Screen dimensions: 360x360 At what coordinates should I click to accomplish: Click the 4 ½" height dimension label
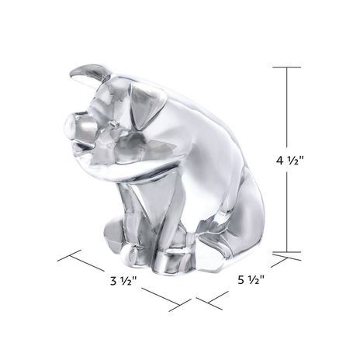[289, 161]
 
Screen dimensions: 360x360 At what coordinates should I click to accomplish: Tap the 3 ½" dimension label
[123, 280]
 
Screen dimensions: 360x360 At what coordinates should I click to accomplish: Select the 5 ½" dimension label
[251, 279]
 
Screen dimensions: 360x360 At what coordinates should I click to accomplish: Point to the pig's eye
[112, 125]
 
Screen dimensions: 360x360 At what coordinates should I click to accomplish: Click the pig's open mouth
[83, 145]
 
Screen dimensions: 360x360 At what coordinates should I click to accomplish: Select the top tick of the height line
[287, 67]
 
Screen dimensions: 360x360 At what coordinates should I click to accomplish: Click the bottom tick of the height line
[287, 251]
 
